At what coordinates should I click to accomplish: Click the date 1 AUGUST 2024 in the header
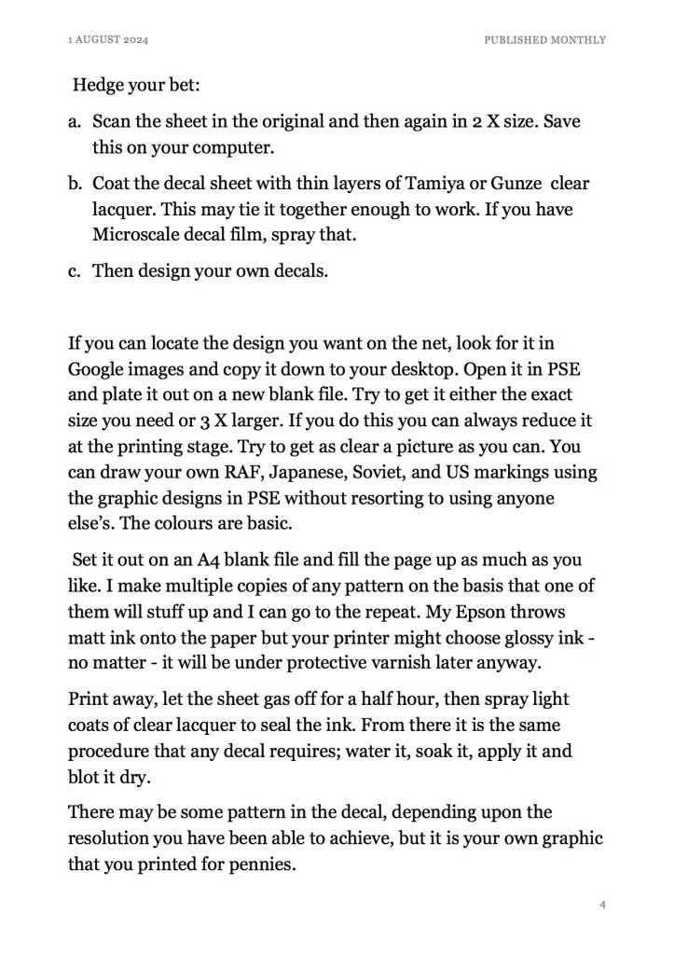pos(109,40)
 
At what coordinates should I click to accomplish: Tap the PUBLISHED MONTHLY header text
pos(545,40)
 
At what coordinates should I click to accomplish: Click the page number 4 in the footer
pos(603,905)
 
